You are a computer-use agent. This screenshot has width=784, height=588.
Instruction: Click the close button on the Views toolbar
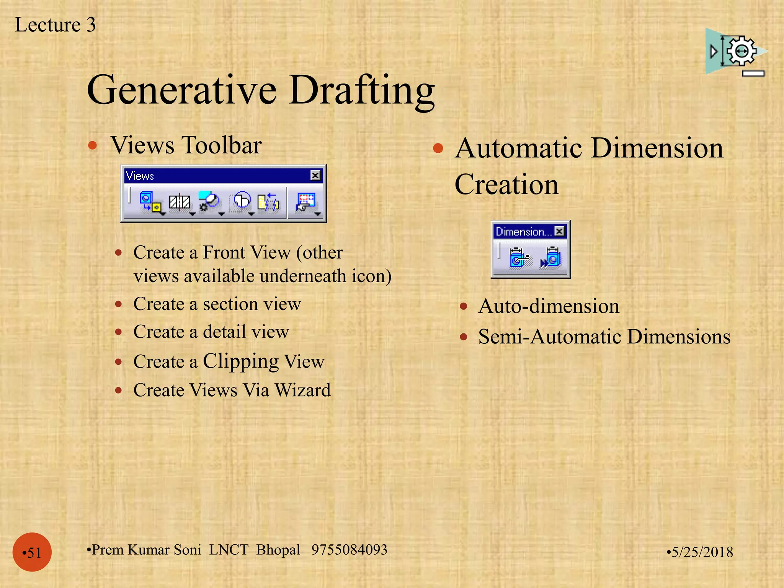tap(315, 175)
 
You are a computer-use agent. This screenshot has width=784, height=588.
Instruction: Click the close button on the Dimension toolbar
tap(559, 231)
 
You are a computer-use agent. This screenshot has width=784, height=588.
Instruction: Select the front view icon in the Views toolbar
tap(150, 202)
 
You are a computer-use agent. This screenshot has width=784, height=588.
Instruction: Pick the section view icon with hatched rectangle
tap(180, 202)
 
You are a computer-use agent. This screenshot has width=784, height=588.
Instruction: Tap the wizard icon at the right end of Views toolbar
tap(306, 202)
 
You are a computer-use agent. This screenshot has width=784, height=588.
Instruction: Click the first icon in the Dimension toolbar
tap(519, 258)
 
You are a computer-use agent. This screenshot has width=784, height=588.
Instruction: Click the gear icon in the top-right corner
tap(741, 51)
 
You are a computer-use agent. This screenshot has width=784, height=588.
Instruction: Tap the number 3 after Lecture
tap(91, 25)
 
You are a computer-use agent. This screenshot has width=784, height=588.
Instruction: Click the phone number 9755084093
tap(349, 550)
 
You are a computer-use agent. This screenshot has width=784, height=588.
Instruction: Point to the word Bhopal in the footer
tap(278, 550)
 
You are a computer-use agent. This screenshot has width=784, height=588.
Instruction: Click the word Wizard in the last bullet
tap(302, 390)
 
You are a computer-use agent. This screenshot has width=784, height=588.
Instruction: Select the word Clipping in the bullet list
tap(241, 362)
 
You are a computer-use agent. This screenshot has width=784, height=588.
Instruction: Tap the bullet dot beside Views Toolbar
tap(92, 145)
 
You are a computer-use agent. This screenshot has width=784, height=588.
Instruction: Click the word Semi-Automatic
tap(550, 337)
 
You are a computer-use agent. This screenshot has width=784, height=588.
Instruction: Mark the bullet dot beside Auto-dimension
tap(464, 306)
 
